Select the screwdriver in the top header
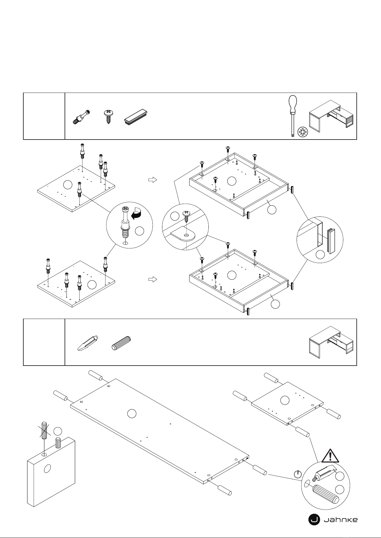[292, 115]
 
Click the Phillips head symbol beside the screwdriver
[302, 132]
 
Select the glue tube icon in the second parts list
[88, 343]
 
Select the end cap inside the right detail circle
[330, 240]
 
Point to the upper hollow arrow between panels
[153, 180]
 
